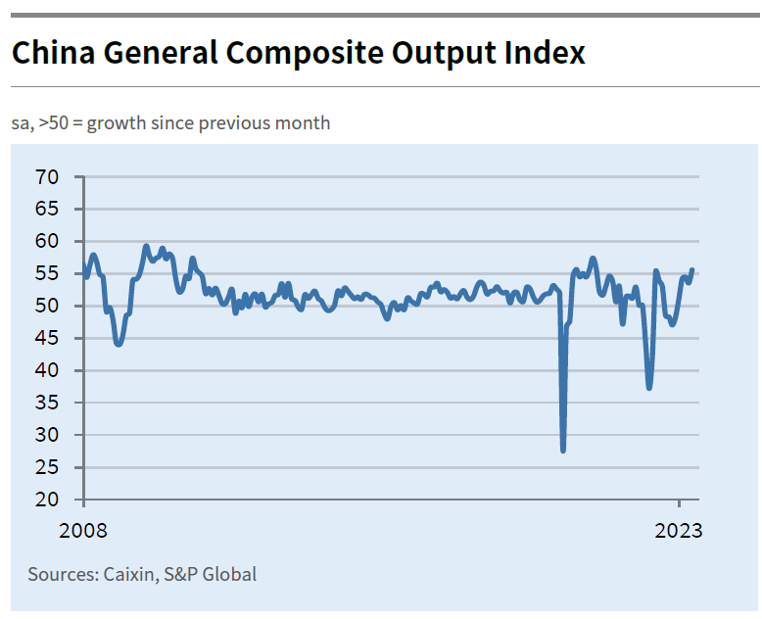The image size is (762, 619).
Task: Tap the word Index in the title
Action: [x=545, y=52]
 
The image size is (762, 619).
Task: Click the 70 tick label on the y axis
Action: [x=47, y=177]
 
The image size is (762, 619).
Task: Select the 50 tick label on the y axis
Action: [x=47, y=306]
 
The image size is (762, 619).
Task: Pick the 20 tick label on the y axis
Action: [x=47, y=500]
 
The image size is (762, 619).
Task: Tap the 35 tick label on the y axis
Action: [x=47, y=403]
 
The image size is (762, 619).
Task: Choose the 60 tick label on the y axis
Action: [x=47, y=241]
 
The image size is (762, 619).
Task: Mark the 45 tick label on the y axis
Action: [x=47, y=338]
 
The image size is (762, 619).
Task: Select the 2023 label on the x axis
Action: [x=679, y=532]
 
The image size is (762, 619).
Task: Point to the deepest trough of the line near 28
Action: [x=563, y=450]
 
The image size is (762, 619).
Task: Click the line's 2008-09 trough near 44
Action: [x=119, y=344]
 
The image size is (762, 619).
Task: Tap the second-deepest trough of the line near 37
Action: [x=648, y=388]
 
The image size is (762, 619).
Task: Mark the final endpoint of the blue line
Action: [x=692, y=269]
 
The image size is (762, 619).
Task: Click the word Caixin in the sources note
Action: [x=128, y=574]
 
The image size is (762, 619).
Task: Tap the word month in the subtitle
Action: [x=305, y=123]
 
